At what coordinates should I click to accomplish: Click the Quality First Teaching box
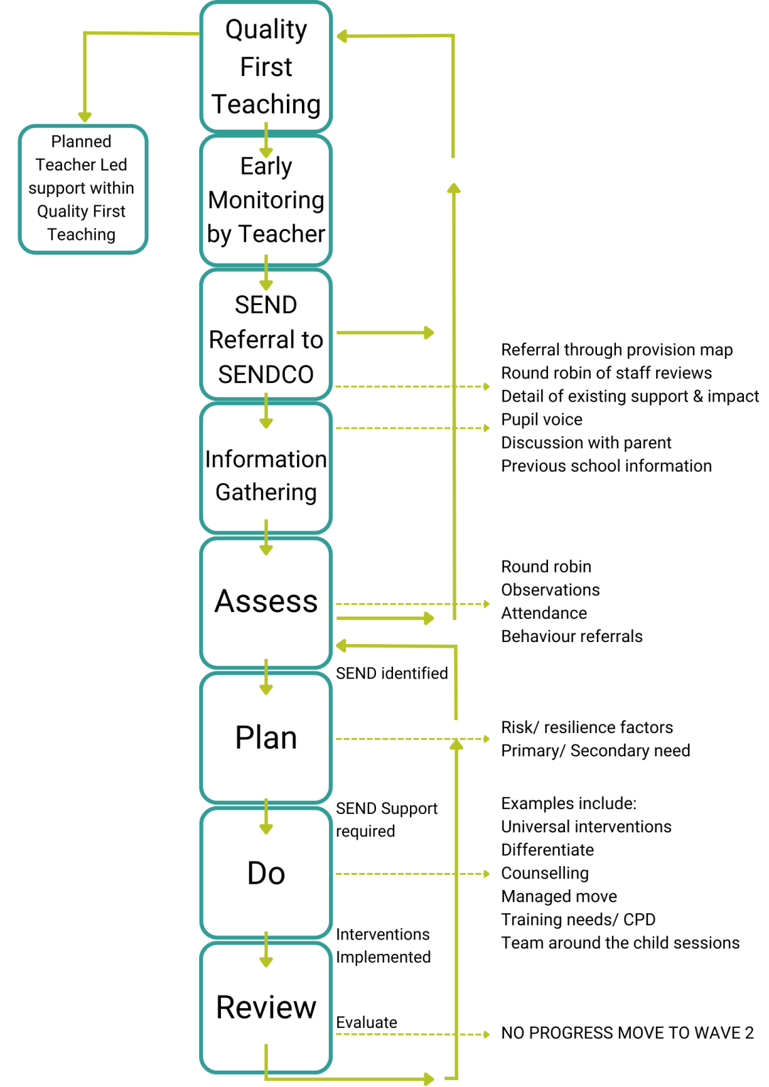coord(266,67)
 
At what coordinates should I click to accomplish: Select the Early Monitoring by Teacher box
coord(266,200)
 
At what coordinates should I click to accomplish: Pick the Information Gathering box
coord(266,475)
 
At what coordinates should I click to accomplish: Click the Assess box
coord(266,601)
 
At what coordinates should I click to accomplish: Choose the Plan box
coord(266,738)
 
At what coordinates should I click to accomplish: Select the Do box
coord(266,873)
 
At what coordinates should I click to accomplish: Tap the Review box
coord(266,1007)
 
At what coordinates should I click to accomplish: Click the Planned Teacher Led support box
coord(82,188)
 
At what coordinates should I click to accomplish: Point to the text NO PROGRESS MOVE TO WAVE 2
coord(627,1033)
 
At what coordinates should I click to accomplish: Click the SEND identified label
coord(392,673)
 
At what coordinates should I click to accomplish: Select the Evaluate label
coord(366,1022)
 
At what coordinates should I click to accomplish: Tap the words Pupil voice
coord(541,419)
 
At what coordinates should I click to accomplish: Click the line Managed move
coord(559,896)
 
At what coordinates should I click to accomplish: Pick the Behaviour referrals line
coord(571,637)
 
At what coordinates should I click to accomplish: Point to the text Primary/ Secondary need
coord(595,751)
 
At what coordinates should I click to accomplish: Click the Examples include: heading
coord(568,804)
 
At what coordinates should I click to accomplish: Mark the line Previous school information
coord(606,466)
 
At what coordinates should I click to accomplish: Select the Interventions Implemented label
coord(383,946)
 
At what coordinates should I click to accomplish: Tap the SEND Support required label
coord(386,819)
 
